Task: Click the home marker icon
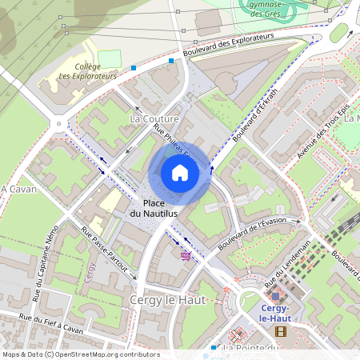(x=180, y=172)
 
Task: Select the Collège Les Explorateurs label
(x=87, y=72)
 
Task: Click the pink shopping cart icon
(x=186, y=255)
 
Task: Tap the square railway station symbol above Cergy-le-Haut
(x=275, y=297)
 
